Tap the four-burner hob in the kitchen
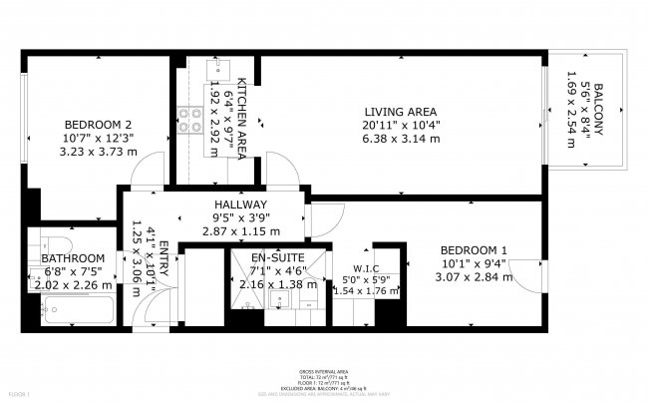[x=187, y=128]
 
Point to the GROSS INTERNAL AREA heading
[x=323, y=369]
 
